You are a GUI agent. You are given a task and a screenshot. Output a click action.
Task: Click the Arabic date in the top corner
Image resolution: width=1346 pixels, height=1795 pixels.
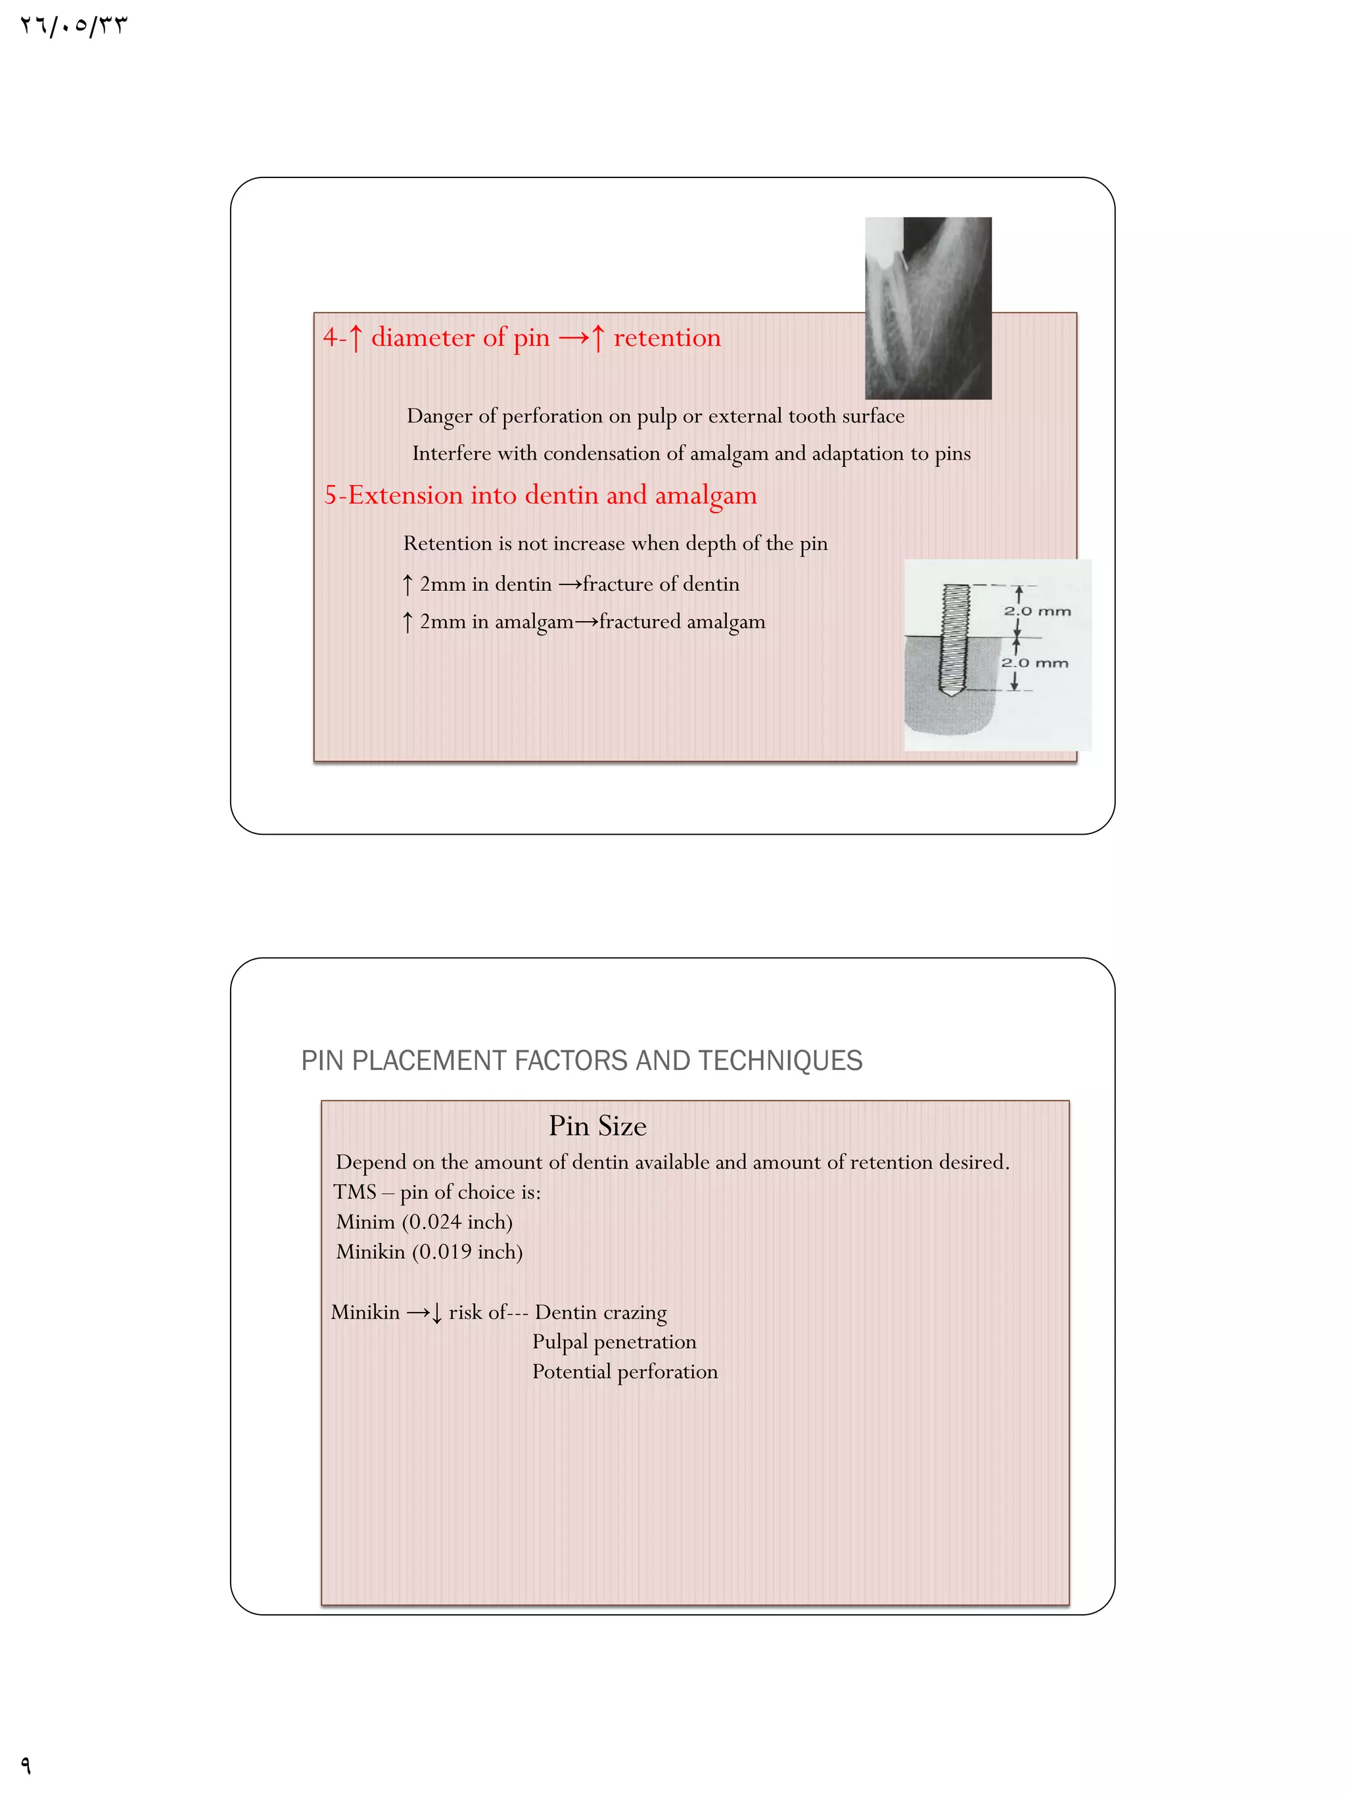tap(74, 26)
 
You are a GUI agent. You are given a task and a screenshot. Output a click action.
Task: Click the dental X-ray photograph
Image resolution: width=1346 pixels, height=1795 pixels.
tap(927, 308)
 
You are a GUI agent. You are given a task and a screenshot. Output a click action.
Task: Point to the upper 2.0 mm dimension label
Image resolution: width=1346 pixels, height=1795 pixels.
tap(1037, 611)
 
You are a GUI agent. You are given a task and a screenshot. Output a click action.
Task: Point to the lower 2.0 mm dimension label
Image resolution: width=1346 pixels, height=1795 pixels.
tap(1034, 663)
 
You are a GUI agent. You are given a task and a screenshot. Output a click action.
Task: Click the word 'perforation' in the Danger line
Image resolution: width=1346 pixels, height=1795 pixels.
tap(551, 416)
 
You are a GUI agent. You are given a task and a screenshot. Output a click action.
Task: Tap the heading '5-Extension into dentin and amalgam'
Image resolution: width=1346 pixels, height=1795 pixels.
tap(540, 495)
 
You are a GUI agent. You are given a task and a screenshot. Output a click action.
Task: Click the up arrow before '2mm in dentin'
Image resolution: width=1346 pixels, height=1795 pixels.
tap(407, 584)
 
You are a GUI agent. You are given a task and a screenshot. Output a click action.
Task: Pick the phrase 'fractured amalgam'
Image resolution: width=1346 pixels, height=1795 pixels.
tap(682, 622)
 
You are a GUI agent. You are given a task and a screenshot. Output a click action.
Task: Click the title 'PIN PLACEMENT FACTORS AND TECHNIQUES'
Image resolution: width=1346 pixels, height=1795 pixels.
tap(581, 1061)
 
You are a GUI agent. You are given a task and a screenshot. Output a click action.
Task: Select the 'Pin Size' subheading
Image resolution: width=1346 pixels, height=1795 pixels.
tap(597, 1125)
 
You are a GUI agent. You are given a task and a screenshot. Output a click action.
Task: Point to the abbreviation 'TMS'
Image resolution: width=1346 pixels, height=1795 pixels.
tap(354, 1192)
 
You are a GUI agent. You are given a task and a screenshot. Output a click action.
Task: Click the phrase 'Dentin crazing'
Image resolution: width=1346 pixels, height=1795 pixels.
tap(601, 1312)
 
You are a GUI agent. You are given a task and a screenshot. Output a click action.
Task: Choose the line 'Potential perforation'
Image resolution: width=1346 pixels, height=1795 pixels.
tap(625, 1372)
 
